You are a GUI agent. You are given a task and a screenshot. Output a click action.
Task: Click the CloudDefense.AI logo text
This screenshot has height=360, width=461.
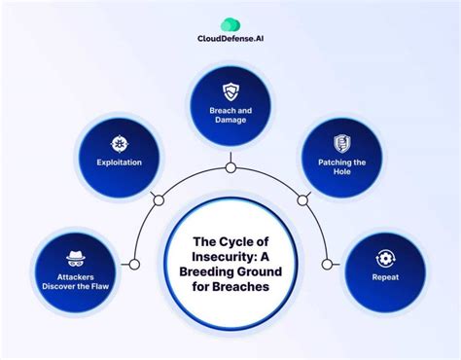click(x=230, y=41)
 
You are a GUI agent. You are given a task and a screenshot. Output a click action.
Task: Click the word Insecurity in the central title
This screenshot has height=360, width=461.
click(x=230, y=256)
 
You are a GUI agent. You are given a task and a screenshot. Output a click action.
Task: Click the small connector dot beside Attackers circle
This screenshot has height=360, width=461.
click(x=134, y=264)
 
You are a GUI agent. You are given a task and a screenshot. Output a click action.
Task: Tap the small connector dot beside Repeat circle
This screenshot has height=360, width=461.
click(x=327, y=264)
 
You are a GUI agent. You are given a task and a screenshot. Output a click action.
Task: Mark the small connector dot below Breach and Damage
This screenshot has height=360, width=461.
click(x=230, y=167)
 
